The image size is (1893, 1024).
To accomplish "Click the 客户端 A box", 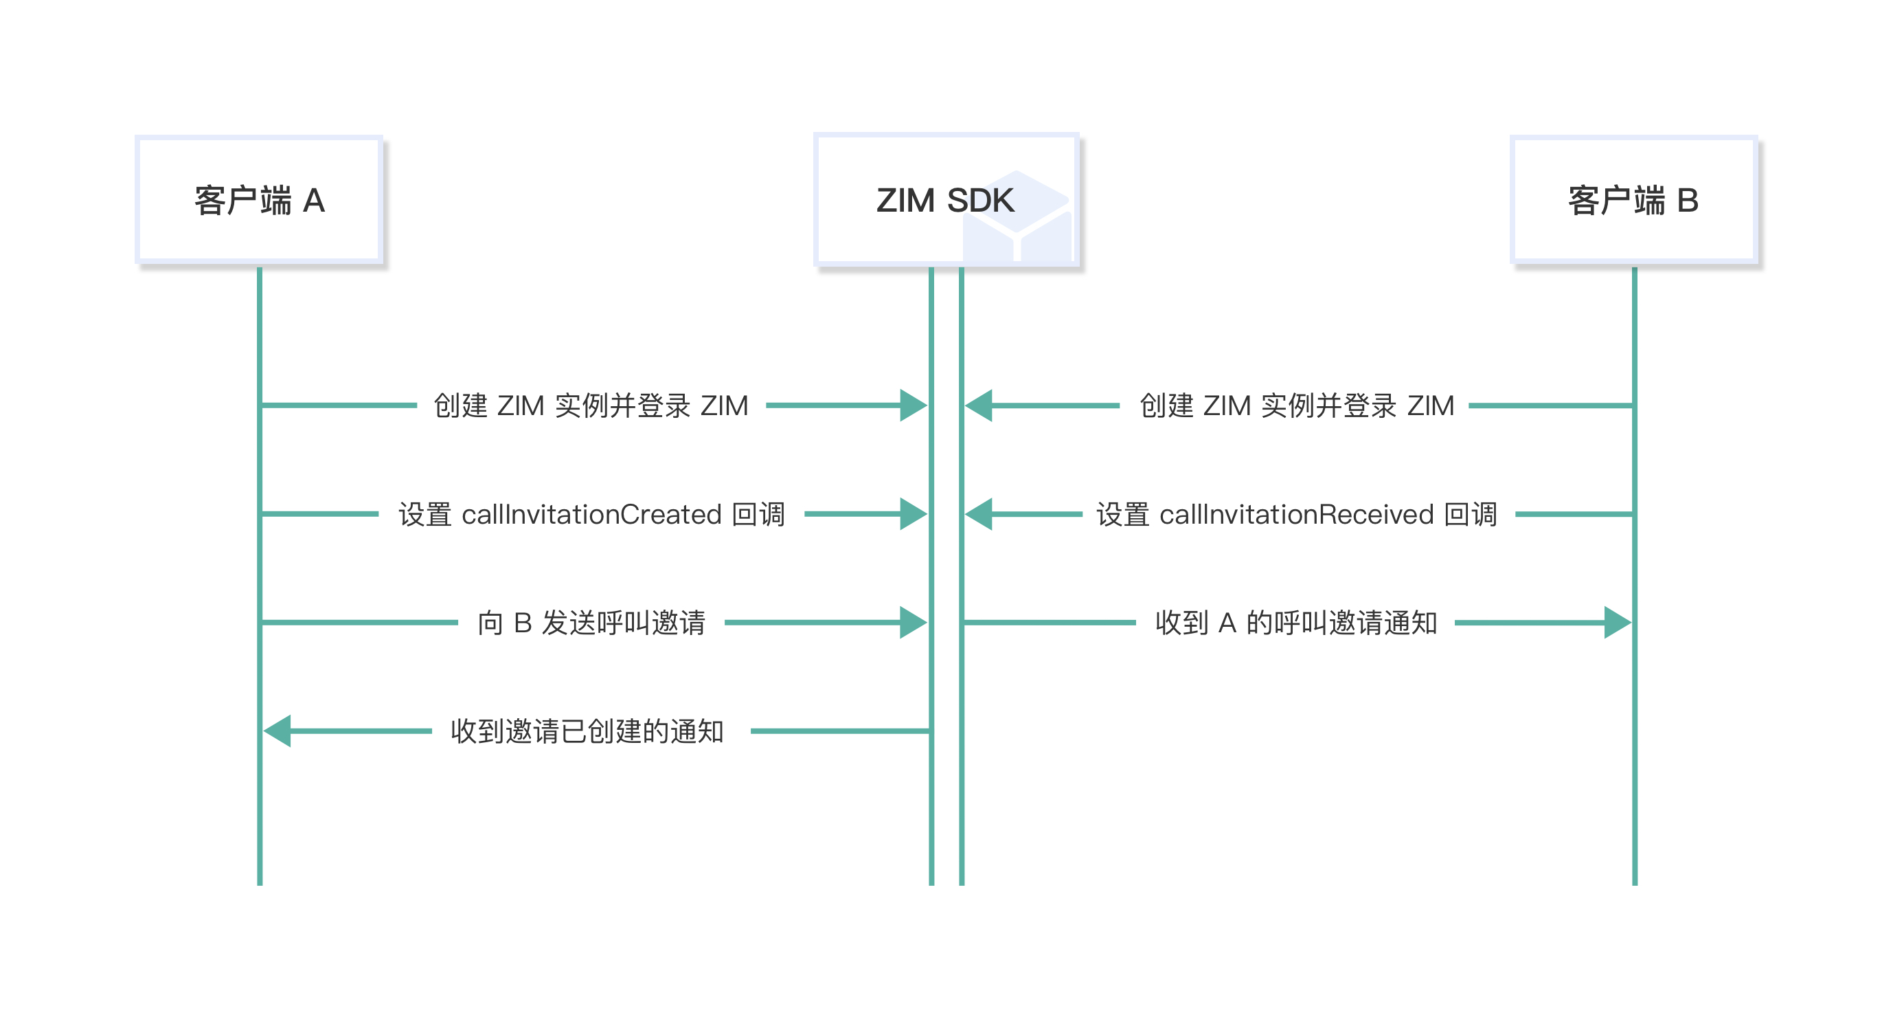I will [x=259, y=199].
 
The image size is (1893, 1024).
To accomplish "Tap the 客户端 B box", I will [x=1633, y=199].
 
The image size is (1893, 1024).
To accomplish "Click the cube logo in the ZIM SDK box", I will [x=1018, y=217].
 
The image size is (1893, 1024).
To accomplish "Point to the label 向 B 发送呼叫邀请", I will [x=591, y=623].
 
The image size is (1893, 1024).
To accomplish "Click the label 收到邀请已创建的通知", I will [x=587, y=731].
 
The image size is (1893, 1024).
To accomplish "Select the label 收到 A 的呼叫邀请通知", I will [x=1295, y=623].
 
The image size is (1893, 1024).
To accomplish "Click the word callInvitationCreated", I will [x=591, y=515].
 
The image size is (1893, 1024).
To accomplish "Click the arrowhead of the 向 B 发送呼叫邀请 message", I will [x=913, y=623].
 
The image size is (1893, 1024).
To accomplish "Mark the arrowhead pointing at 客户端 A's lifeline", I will [x=277, y=731].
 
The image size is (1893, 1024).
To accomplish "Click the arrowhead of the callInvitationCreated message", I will [x=913, y=515].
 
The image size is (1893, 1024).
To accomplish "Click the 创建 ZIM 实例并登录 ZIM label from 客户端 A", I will [x=591, y=405].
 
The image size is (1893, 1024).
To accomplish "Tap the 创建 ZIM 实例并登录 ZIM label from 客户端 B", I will [x=1296, y=405].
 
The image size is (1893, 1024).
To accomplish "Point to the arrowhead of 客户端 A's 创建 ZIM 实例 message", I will [x=913, y=405].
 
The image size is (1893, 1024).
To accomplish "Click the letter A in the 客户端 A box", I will [x=314, y=201].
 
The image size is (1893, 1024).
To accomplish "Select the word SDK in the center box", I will [x=980, y=200].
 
